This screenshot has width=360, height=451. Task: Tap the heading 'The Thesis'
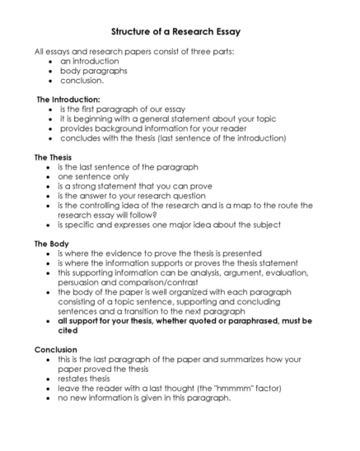coord(53,156)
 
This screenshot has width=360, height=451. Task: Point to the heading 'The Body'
coord(49,244)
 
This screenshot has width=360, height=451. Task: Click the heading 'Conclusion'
coord(56,350)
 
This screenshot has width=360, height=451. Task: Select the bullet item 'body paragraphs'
coord(93,71)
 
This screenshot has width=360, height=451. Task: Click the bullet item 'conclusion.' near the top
coord(82,81)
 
